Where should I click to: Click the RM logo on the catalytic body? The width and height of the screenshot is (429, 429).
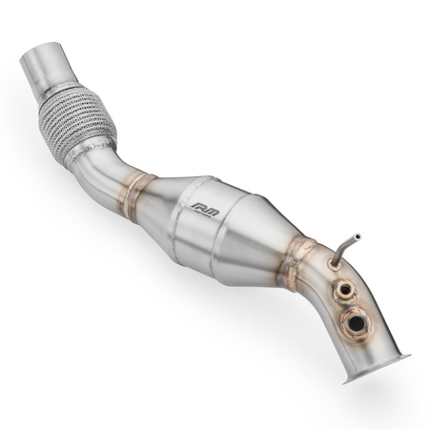tap(204, 206)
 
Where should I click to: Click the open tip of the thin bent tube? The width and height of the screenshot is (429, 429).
tap(358, 234)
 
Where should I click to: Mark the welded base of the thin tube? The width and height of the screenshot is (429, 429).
tap(333, 264)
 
